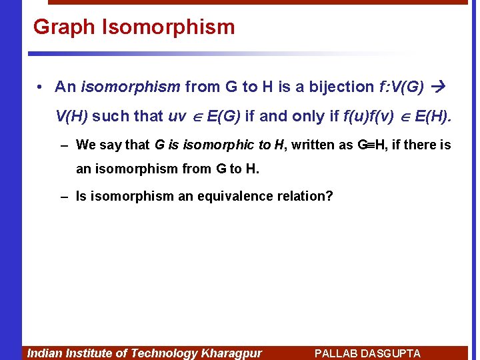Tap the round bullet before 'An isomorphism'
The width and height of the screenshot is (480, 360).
pyautogui.click(x=41, y=87)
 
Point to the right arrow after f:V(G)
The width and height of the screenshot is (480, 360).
pyautogui.click(x=439, y=87)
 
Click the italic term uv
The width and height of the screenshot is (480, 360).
pyautogui.click(x=177, y=116)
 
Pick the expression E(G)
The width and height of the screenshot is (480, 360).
pyautogui.click(x=223, y=116)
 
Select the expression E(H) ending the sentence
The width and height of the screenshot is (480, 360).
pyautogui.click(x=432, y=116)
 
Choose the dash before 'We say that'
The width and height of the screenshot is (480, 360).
pyautogui.click(x=63, y=145)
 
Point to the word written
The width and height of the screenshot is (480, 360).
pyautogui.click(x=310, y=145)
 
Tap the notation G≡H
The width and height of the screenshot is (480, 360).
pyautogui.click(x=372, y=145)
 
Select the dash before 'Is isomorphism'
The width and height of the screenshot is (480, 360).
pyautogui.click(x=63, y=197)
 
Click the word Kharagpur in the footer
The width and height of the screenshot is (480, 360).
pyautogui.click(x=231, y=353)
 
